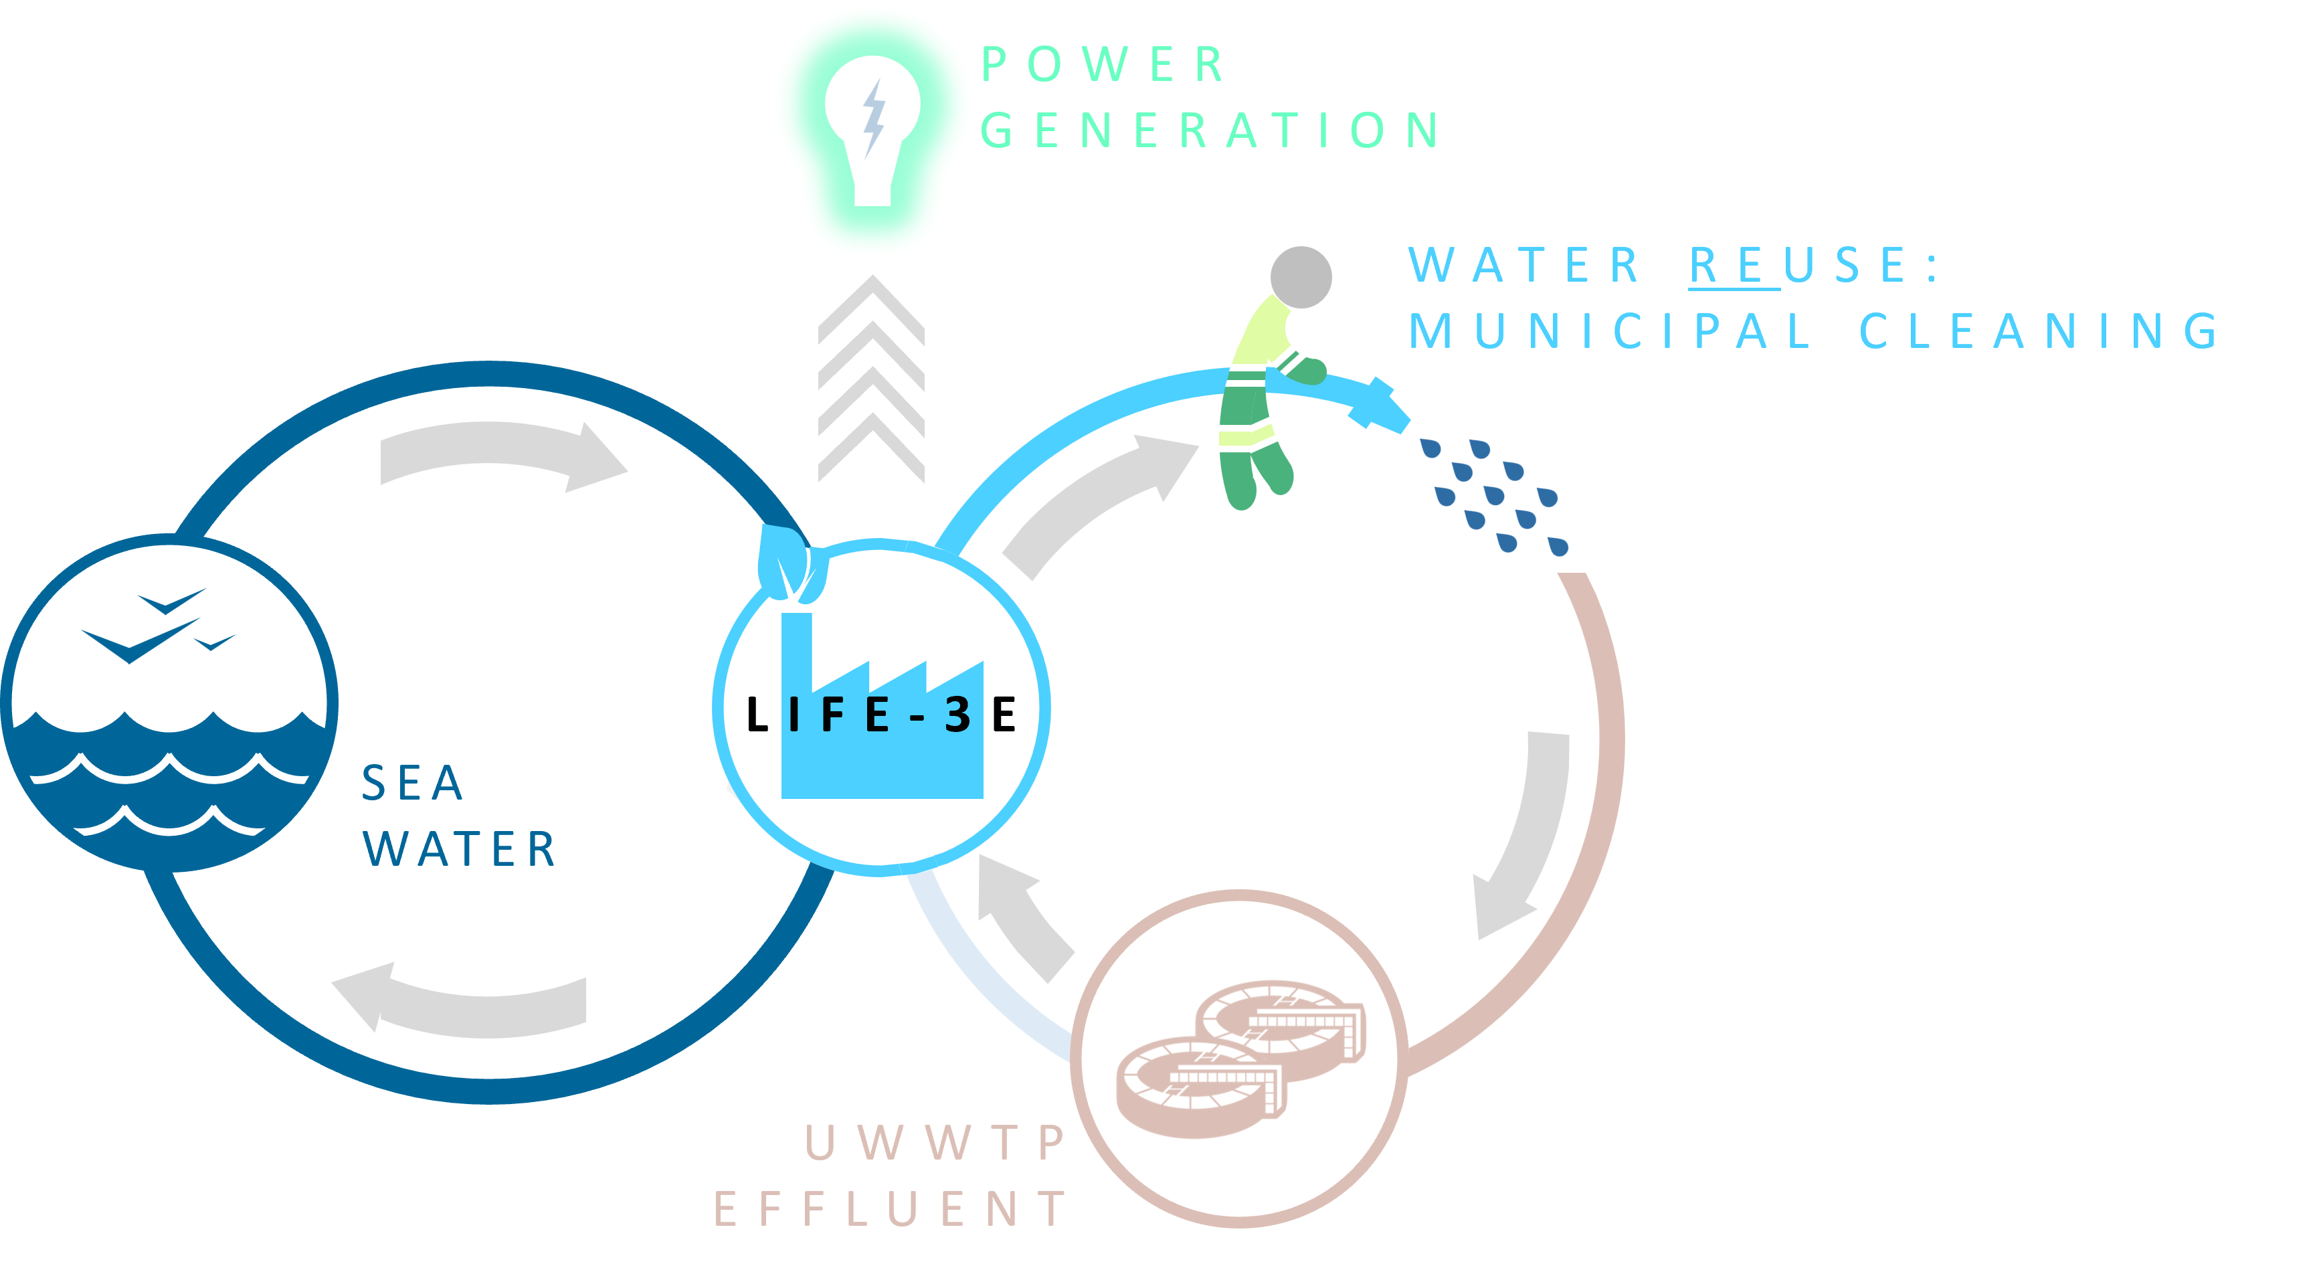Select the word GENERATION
tap(1210, 130)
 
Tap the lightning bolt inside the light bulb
tap(872, 118)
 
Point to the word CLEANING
tap(2038, 331)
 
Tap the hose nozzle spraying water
tap(1380, 404)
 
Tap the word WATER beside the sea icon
tap(459, 849)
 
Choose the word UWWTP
tap(934, 1143)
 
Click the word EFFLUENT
tap(890, 1208)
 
